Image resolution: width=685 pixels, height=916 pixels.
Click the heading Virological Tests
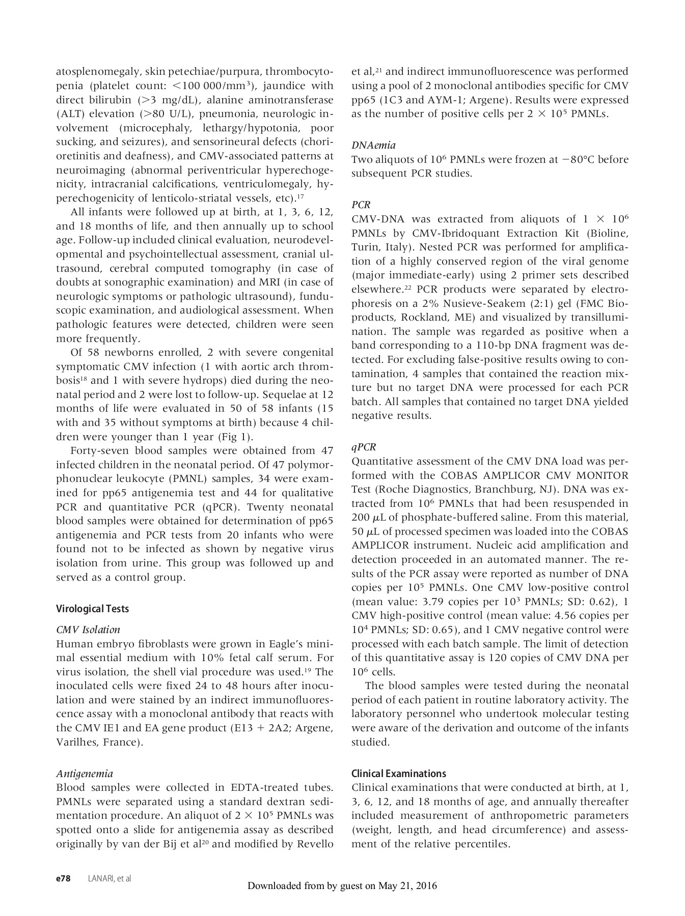point(92,609)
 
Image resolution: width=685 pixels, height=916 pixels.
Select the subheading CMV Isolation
point(88,629)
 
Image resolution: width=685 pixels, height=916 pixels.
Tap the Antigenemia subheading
point(85,774)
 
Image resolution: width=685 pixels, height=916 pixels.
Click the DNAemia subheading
point(373,145)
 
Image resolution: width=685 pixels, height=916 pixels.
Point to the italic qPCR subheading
point(364,447)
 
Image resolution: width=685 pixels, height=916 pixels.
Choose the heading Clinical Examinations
point(399,774)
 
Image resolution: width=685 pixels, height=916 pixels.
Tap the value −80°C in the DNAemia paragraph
point(570,159)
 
